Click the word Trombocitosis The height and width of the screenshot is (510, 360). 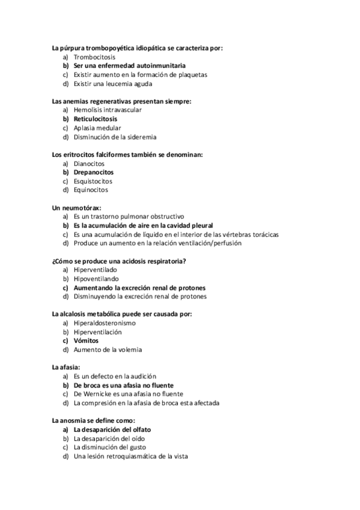(x=94, y=57)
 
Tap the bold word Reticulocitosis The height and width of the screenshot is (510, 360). (x=96, y=119)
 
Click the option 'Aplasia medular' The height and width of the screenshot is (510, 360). (x=97, y=128)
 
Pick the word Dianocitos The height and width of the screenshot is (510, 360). (x=89, y=164)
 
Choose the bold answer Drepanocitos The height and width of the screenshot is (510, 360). (x=93, y=173)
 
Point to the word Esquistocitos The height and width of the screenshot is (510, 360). (x=93, y=181)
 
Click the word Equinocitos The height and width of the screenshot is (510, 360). (x=91, y=190)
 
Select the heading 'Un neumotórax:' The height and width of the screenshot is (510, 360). (x=76, y=207)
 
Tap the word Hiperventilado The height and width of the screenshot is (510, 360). (x=95, y=270)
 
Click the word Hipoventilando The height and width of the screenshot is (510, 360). (x=96, y=279)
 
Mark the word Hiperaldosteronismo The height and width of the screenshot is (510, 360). (x=105, y=323)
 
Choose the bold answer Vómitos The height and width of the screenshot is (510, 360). (x=86, y=341)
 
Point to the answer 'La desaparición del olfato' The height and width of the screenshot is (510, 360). (x=112, y=430)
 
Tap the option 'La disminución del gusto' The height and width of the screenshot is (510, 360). (x=109, y=447)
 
